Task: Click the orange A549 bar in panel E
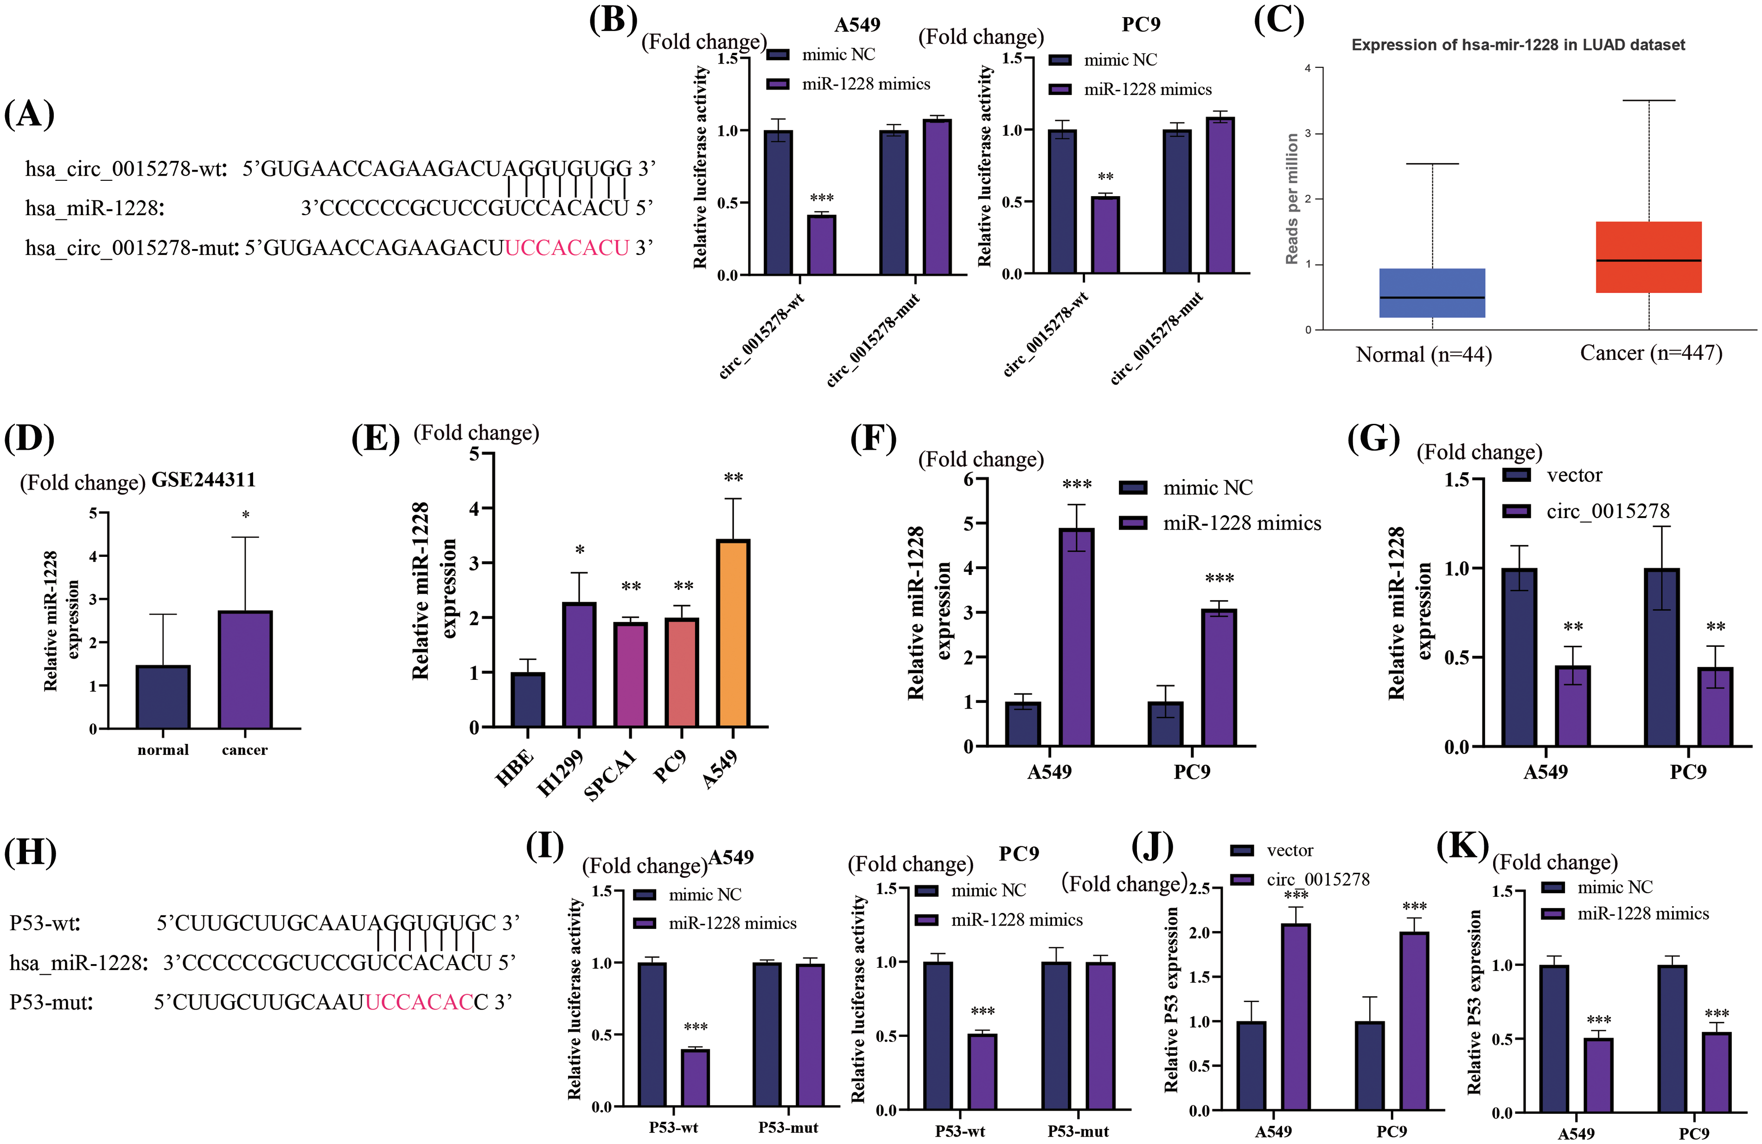tap(733, 633)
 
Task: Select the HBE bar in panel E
tap(528, 700)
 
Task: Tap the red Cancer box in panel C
tap(1649, 257)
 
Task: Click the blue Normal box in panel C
tap(1432, 293)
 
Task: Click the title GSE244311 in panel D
tap(204, 480)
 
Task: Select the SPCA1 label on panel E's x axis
tap(610, 774)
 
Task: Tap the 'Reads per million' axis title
tap(1292, 198)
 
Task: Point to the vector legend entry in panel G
tap(1573, 475)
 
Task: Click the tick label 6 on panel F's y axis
tap(968, 479)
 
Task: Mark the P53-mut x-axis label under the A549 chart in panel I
tap(788, 1128)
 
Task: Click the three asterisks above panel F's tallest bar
tap(1077, 485)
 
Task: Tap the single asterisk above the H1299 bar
tap(580, 550)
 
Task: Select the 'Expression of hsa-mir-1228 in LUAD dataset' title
tap(1518, 45)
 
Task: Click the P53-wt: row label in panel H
tap(45, 923)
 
